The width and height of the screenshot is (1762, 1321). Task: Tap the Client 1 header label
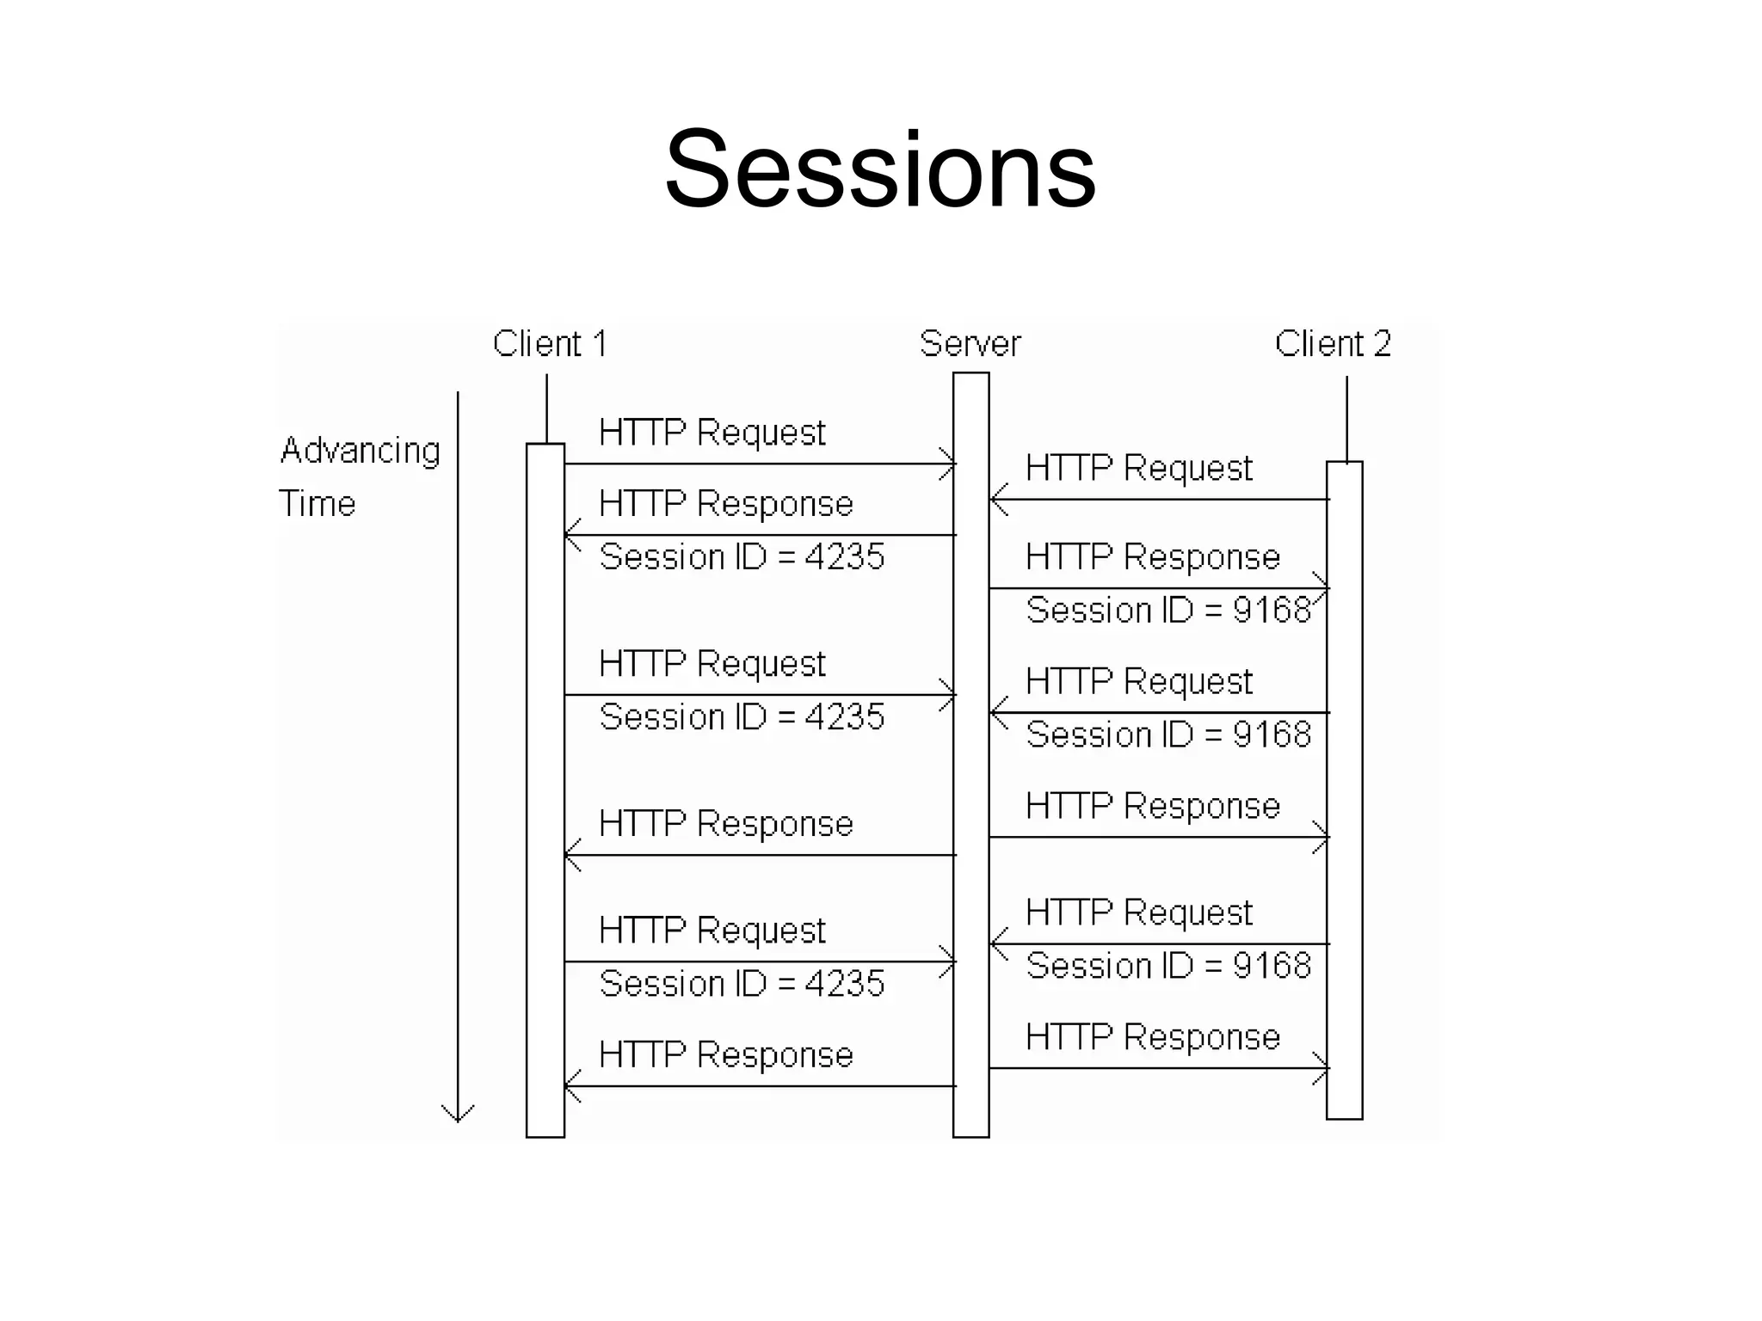click(550, 344)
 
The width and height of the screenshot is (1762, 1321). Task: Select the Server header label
click(970, 344)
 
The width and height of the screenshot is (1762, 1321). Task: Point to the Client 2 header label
click(1332, 344)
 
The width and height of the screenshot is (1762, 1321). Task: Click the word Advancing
click(360, 451)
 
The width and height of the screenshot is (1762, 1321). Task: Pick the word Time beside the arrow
click(317, 503)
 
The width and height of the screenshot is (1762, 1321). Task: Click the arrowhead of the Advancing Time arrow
click(458, 1114)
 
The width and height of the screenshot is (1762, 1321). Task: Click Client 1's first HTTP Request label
click(712, 433)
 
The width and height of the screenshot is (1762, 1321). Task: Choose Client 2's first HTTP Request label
click(1138, 469)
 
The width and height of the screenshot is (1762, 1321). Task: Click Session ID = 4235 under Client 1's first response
click(742, 557)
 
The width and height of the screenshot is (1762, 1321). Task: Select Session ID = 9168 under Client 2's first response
click(1167, 610)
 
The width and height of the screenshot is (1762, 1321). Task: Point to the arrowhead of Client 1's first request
click(950, 464)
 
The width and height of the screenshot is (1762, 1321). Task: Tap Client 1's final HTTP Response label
click(725, 1054)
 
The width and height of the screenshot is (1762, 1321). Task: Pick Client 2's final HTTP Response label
click(1152, 1037)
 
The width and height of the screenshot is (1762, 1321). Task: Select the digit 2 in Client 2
click(1381, 344)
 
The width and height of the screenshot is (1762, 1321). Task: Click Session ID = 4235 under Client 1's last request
click(742, 984)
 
